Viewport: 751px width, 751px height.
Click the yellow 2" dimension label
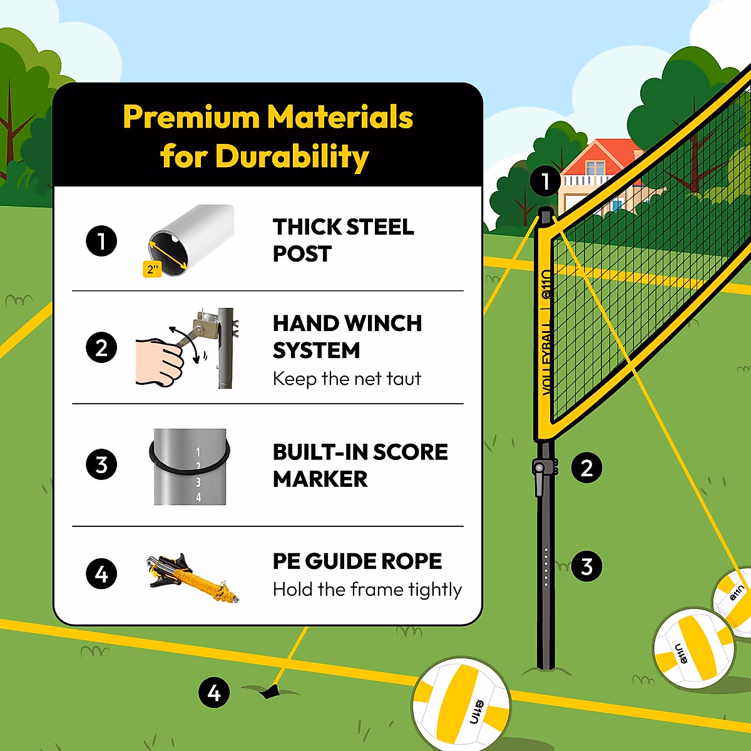coord(152,270)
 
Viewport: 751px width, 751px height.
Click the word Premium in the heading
coord(191,117)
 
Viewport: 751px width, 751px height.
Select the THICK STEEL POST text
coord(343,240)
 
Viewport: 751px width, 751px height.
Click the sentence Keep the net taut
coord(347,379)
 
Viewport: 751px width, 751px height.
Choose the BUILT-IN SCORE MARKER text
coord(360,466)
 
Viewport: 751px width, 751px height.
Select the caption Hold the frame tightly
coord(367,590)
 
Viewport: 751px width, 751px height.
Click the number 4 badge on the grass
coord(214,693)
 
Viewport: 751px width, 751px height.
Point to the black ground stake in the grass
coord(270,691)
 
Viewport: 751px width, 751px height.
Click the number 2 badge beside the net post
coord(586,468)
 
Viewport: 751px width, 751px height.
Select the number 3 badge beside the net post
coord(586,567)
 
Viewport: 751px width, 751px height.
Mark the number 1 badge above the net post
coord(545,181)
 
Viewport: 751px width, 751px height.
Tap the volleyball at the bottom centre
coord(461,704)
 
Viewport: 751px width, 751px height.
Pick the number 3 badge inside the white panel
coord(101,465)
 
